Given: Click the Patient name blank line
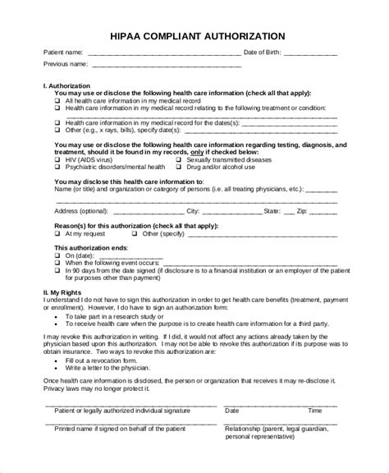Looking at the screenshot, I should (164, 54).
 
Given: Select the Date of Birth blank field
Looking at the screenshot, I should (311, 54).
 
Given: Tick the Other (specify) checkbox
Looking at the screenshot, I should (136, 233).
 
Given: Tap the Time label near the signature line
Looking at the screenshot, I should (314, 410).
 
